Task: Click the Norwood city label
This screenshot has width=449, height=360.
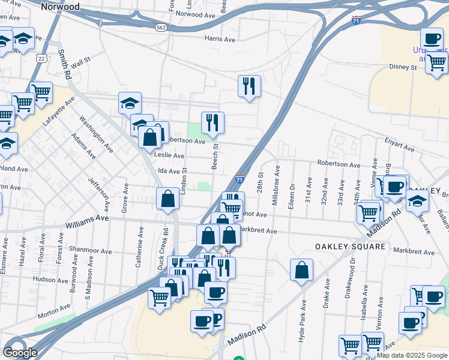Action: click(x=61, y=6)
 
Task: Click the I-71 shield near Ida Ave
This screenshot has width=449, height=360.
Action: click(x=240, y=179)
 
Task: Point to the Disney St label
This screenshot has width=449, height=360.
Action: click(x=402, y=67)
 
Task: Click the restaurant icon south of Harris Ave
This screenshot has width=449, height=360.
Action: click(x=249, y=86)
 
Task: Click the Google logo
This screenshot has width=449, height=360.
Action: click(x=20, y=353)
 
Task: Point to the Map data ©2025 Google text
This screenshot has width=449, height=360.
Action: click(x=412, y=355)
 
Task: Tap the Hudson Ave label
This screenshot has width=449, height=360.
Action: click(x=51, y=279)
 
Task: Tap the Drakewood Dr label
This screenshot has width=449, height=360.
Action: click(x=353, y=269)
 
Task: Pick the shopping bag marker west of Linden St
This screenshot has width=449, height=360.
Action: click(x=168, y=199)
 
